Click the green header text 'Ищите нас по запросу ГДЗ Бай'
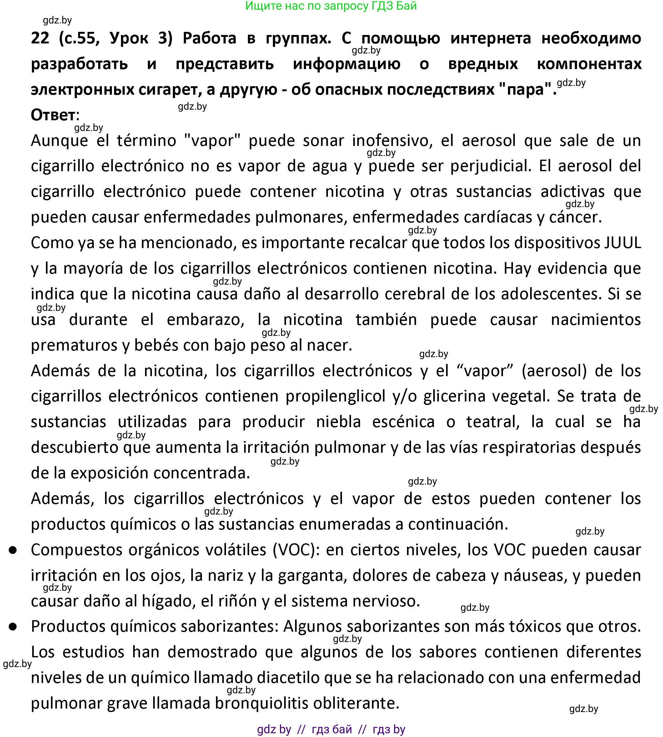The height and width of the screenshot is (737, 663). (x=331, y=6)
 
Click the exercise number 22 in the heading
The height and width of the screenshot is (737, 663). (x=40, y=38)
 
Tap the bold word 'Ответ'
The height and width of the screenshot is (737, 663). (x=53, y=115)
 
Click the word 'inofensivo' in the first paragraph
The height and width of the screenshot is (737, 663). (x=392, y=141)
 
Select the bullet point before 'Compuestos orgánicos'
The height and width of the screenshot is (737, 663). (x=13, y=550)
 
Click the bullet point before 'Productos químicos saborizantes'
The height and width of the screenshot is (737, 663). (x=13, y=627)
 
